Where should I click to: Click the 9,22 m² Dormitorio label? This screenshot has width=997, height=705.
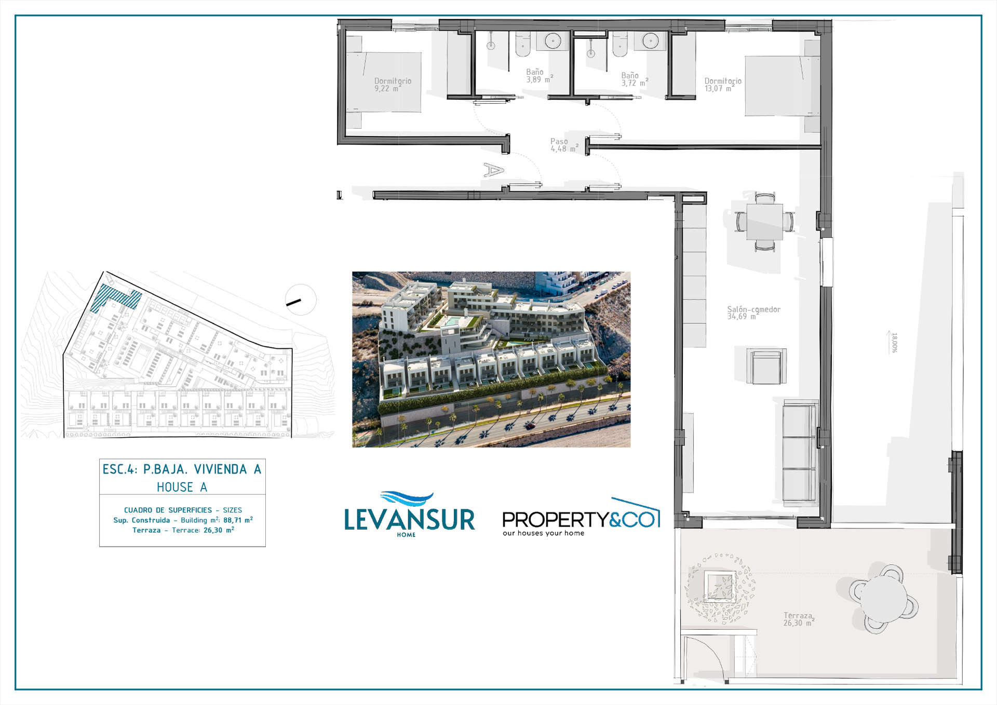[x=393, y=85]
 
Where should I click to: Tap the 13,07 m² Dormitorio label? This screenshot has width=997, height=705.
[x=723, y=85]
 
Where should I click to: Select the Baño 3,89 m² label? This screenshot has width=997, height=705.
[x=540, y=76]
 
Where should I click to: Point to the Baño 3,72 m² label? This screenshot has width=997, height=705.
[x=635, y=79]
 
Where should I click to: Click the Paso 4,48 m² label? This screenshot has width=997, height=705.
[x=564, y=145]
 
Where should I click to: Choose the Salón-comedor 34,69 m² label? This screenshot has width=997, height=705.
[x=753, y=313]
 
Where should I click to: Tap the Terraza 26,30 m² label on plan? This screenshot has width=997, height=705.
[x=799, y=619]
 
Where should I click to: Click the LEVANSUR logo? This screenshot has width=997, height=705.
[x=410, y=514]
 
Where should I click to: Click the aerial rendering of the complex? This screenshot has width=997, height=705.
[x=491, y=359]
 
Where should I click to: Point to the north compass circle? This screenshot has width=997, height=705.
[x=301, y=300]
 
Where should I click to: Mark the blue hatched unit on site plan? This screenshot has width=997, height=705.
[x=116, y=297]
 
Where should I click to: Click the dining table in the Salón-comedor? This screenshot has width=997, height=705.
[x=765, y=222]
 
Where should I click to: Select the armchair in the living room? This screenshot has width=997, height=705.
[x=766, y=367]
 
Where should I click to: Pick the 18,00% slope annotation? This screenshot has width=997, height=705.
[x=894, y=343]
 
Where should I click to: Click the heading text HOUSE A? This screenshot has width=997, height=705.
[x=182, y=487]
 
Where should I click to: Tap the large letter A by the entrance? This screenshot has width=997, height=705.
[x=493, y=170]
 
